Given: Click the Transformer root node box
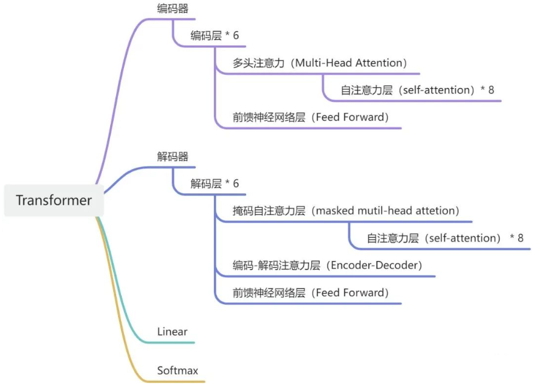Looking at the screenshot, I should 54,200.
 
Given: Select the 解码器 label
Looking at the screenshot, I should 172,157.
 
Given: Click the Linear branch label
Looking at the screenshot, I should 172,332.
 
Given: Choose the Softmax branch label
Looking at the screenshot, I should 177,371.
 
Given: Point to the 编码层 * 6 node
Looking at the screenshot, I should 214,35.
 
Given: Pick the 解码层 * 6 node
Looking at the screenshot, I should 214,184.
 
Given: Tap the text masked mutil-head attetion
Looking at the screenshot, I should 387,211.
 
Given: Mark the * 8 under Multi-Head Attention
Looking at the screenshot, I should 487,90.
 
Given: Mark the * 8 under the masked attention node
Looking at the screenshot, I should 517,238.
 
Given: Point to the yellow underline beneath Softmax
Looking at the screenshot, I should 180,381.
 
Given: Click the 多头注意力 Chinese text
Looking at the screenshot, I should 258,63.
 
